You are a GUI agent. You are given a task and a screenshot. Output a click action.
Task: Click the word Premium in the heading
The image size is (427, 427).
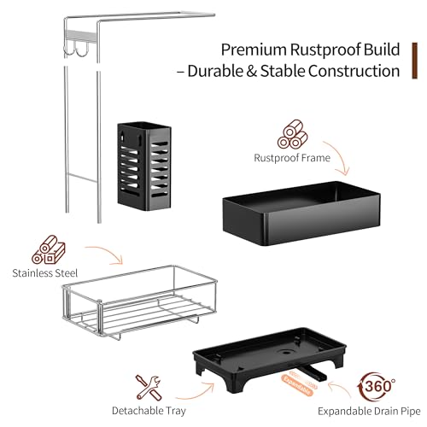254,50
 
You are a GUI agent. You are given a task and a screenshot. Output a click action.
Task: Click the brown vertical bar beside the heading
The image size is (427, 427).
415,61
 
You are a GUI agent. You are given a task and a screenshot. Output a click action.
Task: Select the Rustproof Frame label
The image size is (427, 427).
292,158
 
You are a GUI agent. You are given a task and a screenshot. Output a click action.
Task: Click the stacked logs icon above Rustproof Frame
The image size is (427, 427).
293,134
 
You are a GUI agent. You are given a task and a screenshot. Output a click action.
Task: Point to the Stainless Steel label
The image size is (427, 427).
45,273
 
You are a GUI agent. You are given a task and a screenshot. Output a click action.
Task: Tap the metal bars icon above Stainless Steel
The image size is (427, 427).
49,249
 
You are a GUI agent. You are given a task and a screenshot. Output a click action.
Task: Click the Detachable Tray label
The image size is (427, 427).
149,411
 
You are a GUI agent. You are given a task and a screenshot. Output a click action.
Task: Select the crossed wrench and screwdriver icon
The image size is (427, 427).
149,388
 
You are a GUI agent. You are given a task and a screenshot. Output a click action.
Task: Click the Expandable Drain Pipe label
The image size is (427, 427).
369,412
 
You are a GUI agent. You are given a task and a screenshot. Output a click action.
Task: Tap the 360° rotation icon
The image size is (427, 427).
377,387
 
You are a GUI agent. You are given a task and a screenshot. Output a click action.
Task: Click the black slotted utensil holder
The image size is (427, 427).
144,167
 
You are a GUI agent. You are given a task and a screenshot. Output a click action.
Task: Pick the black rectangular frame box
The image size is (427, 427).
301,213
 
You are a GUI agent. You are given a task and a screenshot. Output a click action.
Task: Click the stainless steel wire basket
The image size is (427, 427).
139,302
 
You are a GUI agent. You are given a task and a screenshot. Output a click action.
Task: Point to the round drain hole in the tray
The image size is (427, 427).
285,352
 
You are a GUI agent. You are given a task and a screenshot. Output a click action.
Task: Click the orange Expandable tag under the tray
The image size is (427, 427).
296,385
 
